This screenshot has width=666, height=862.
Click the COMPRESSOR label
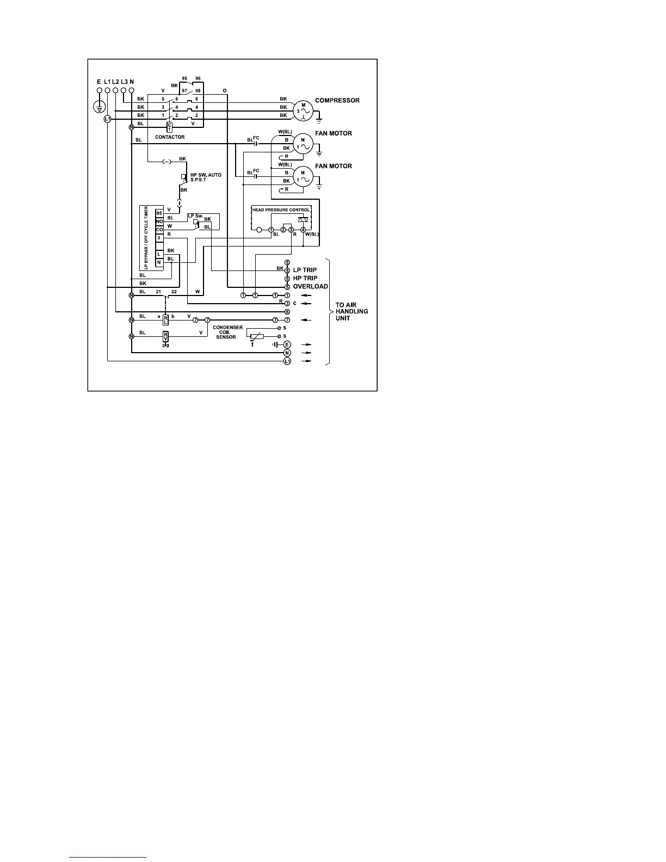(337, 101)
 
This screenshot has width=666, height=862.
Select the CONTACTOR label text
(170, 137)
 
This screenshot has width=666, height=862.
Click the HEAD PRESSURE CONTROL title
(281, 210)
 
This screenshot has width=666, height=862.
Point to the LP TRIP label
(305, 270)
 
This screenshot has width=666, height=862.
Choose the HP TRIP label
(305, 278)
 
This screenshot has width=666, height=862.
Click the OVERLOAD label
(310, 286)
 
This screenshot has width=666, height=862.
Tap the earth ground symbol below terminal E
(99, 106)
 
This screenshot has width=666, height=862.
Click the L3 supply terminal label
(124, 82)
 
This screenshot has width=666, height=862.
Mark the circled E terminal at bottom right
(287, 344)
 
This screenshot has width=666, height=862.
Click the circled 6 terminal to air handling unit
(287, 311)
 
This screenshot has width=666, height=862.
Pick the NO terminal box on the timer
(159, 221)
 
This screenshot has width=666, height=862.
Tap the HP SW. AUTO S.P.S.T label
(206, 177)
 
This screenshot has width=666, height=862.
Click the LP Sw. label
(195, 216)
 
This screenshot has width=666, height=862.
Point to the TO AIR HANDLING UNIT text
(351, 311)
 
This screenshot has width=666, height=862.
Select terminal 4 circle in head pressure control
(303, 230)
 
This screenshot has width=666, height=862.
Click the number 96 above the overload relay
(198, 79)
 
